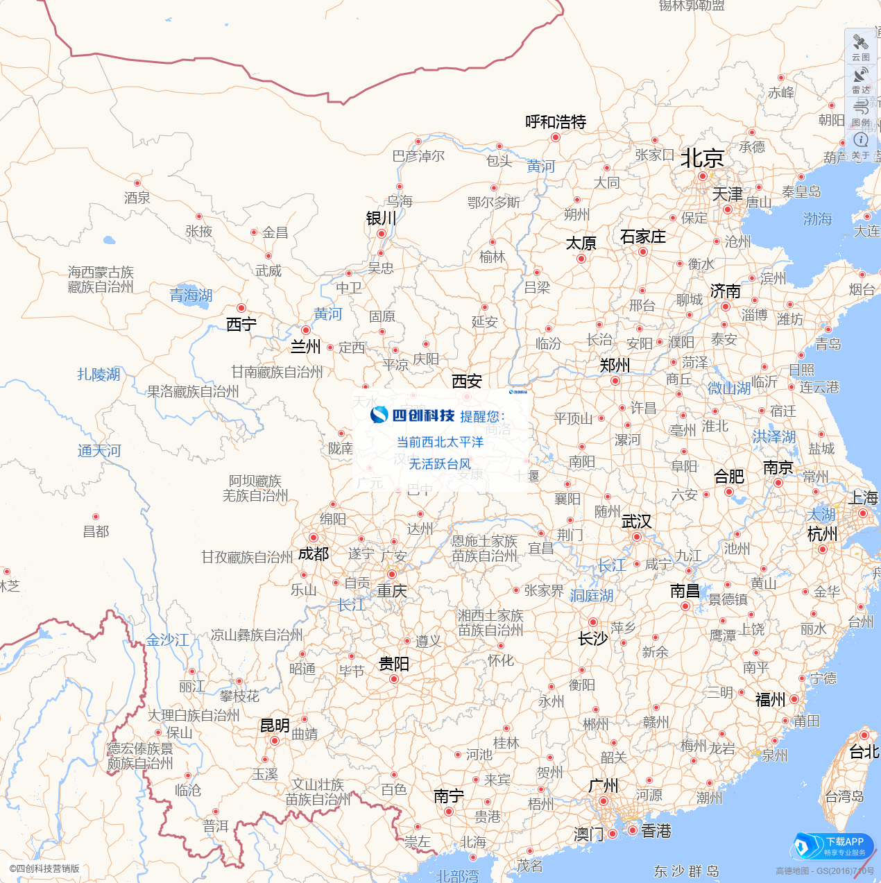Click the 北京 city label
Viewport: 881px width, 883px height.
click(x=702, y=158)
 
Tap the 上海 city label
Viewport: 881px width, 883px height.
click(x=863, y=497)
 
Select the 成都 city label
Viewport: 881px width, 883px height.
click(x=314, y=554)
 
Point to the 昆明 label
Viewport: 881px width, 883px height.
click(x=275, y=726)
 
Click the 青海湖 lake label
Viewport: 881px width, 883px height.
click(x=191, y=295)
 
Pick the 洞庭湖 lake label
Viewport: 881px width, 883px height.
click(x=591, y=596)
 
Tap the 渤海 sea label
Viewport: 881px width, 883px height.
click(x=817, y=219)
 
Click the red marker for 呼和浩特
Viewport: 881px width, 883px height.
click(x=555, y=137)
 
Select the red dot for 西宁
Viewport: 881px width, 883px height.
click(x=241, y=308)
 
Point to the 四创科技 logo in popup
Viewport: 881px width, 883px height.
click(x=413, y=415)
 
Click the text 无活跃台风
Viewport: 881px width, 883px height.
click(x=440, y=464)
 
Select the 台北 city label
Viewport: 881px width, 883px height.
click(x=864, y=752)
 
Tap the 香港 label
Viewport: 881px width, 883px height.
click(x=656, y=831)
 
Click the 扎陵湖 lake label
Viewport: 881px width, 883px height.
click(x=99, y=375)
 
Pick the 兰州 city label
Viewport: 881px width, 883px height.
click(x=305, y=346)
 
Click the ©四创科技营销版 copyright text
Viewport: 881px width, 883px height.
click(x=44, y=868)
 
